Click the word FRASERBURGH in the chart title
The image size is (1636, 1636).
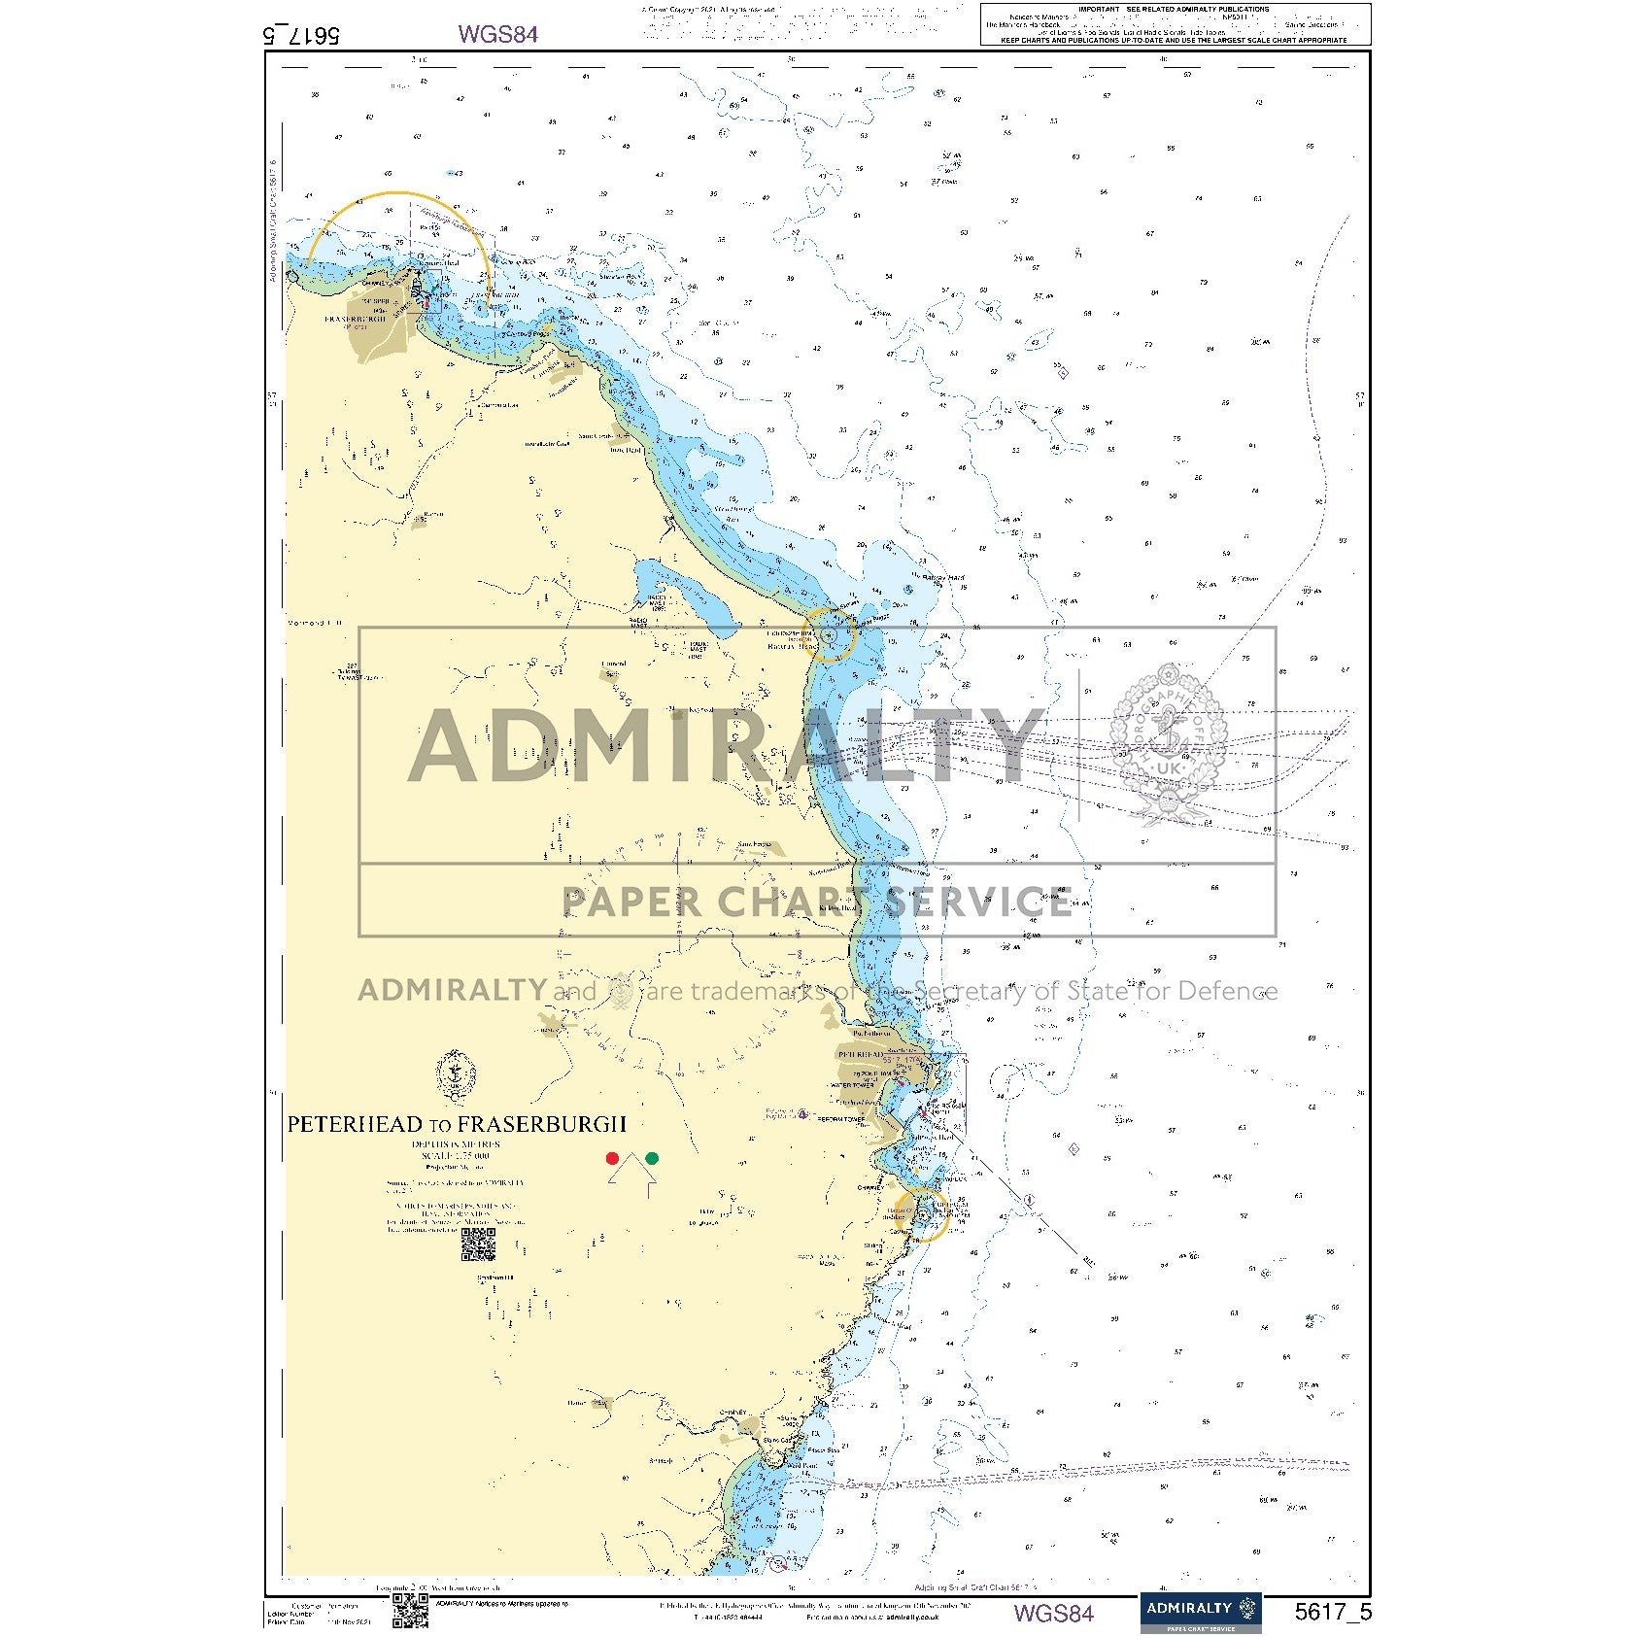tap(542, 1124)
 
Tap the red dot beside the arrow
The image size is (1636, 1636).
tap(612, 1158)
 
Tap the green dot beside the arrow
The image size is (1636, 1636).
tap(652, 1158)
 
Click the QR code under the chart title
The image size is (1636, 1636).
tap(478, 1244)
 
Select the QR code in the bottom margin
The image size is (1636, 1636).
tap(410, 1610)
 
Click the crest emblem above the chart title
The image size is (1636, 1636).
tap(455, 1075)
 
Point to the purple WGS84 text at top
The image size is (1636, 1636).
tap(497, 34)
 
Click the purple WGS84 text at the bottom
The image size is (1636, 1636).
tap(1053, 1614)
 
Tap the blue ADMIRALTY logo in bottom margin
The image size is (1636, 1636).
tap(1200, 1612)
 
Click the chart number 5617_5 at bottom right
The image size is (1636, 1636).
tap(1333, 1613)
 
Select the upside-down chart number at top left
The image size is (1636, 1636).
tap(301, 35)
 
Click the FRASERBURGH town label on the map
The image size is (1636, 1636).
tap(355, 319)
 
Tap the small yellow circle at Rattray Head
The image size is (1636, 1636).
tap(830, 634)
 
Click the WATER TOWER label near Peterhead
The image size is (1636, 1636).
tap(853, 1085)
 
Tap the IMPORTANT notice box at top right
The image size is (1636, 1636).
tap(1176, 24)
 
